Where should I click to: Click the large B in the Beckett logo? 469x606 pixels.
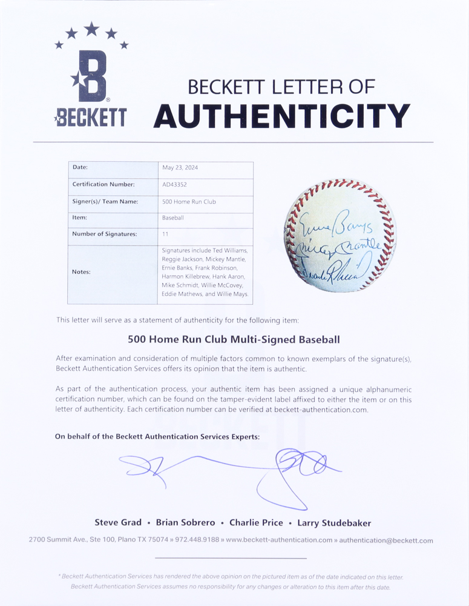[93, 76]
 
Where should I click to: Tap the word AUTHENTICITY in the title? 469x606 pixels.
[281, 116]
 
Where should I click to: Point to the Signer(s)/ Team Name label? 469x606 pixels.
[105, 201]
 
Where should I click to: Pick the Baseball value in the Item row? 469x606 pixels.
[172, 218]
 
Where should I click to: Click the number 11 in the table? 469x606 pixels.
[165, 234]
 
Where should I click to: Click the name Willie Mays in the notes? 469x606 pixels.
[232, 294]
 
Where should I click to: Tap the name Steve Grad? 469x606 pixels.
[118, 522]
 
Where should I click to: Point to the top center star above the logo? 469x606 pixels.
[91, 28]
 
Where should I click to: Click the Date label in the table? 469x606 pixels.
[80, 167]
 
